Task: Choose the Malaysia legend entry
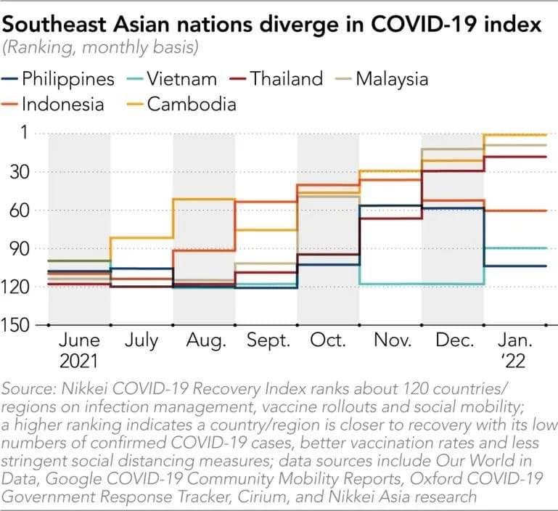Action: tap(392, 78)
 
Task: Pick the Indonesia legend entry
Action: tap(62, 104)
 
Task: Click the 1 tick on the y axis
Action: tap(23, 134)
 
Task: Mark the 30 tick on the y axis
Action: tap(19, 172)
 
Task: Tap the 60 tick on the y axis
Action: tap(19, 210)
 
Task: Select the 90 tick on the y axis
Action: tap(19, 249)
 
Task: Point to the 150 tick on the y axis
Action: tap(16, 325)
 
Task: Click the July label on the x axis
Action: tap(141, 341)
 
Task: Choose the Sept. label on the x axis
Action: tap(268, 341)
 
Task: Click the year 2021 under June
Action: tap(78, 361)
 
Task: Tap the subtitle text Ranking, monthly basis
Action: tap(102, 48)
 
